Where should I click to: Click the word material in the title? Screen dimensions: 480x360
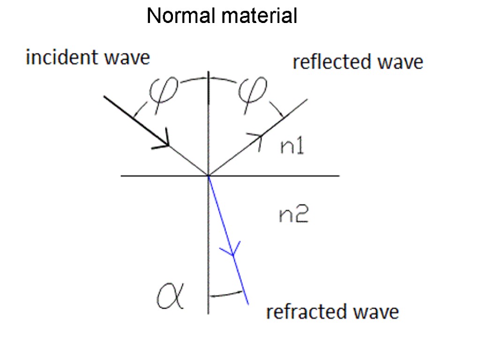point(260,16)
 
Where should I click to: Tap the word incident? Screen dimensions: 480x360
point(61,58)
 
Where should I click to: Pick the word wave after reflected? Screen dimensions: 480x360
point(401,62)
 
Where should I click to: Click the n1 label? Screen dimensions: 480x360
point(292,147)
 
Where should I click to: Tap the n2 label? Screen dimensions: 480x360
point(294,215)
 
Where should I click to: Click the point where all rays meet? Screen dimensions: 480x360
point(208,176)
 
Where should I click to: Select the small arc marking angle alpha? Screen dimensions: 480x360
point(227,295)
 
